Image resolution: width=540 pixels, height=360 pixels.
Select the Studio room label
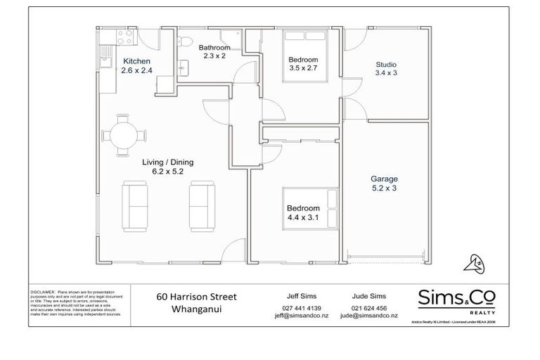(385, 63)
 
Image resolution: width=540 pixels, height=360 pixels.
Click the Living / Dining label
(168, 162)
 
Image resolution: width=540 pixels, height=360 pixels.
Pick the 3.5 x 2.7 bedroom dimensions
(304, 69)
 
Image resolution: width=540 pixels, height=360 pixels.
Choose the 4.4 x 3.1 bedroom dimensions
(303, 218)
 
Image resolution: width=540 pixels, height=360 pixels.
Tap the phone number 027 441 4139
(301, 309)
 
